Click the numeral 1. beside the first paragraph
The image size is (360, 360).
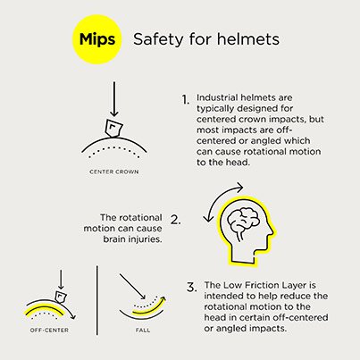[186, 100]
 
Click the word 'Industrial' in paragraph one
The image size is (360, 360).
[217, 96]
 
